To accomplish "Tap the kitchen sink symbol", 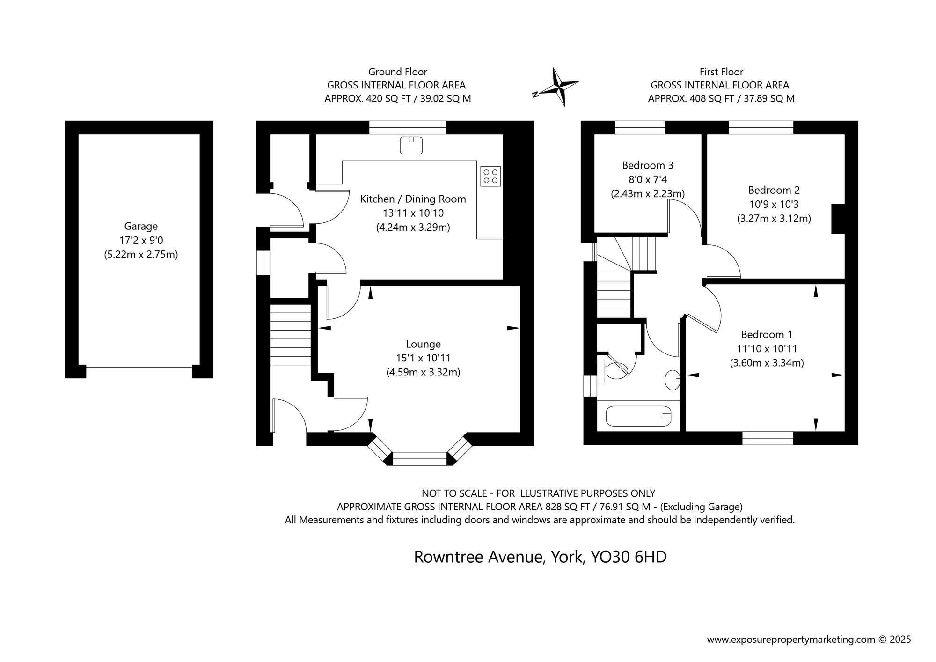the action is click(x=411, y=145).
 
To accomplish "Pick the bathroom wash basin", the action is click(x=673, y=380).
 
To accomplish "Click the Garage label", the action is click(x=141, y=227).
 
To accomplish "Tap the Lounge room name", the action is click(x=423, y=345).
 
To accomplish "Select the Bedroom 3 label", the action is click(x=647, y=165).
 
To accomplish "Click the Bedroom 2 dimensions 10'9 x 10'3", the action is click(x=774, y=204).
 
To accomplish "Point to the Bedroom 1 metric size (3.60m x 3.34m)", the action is click(x=767, y=363).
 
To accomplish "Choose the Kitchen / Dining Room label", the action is click(x=413, y=199).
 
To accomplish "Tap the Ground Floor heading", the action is click(x=398, y=72).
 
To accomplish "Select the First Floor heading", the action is click(x=721, y=72).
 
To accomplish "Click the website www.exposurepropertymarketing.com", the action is click(x=791, y=639).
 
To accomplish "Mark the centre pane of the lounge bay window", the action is click(x=420, y=459).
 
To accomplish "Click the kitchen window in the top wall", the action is click(x=407, y=127).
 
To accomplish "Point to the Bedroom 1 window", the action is click(x=768, y=438).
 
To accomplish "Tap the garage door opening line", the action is click(x=139, y=367).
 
